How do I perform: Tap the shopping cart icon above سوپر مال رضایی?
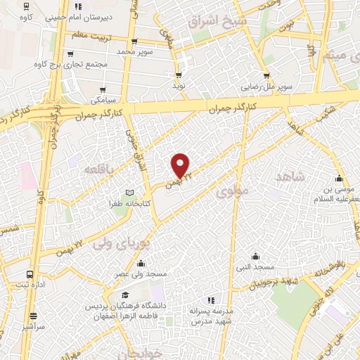266,76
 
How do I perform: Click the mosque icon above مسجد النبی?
255,257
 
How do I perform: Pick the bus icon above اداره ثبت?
30,274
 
